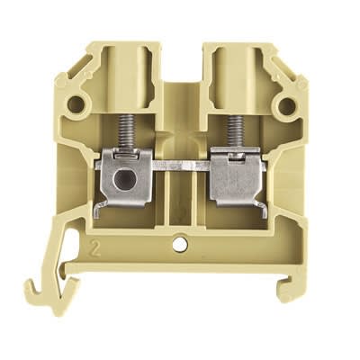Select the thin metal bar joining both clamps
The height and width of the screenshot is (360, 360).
coord(179,166)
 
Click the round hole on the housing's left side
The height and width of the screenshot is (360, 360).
coord(76,106)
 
